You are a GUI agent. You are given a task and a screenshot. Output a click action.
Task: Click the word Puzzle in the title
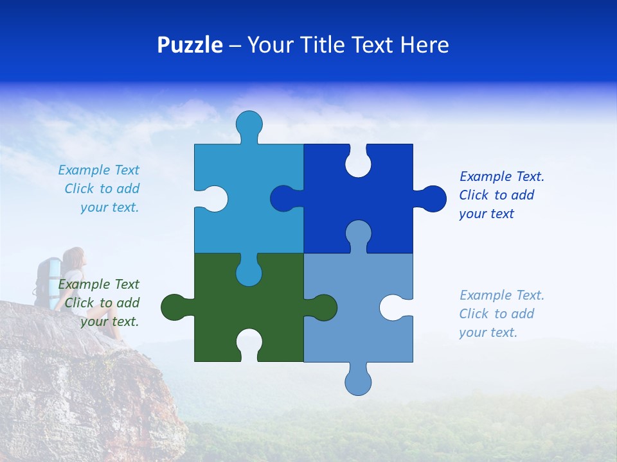[x=190, y=45]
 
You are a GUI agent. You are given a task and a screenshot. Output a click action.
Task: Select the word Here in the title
[x=424, y=45]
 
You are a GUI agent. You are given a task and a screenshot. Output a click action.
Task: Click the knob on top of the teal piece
[x=249, y=124]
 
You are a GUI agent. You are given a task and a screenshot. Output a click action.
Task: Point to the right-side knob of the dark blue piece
[x=432, y=199]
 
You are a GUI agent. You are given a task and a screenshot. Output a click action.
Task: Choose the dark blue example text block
[x=501, y=195]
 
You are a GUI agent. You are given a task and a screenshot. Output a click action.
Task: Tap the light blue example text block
[x=501, y=314]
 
